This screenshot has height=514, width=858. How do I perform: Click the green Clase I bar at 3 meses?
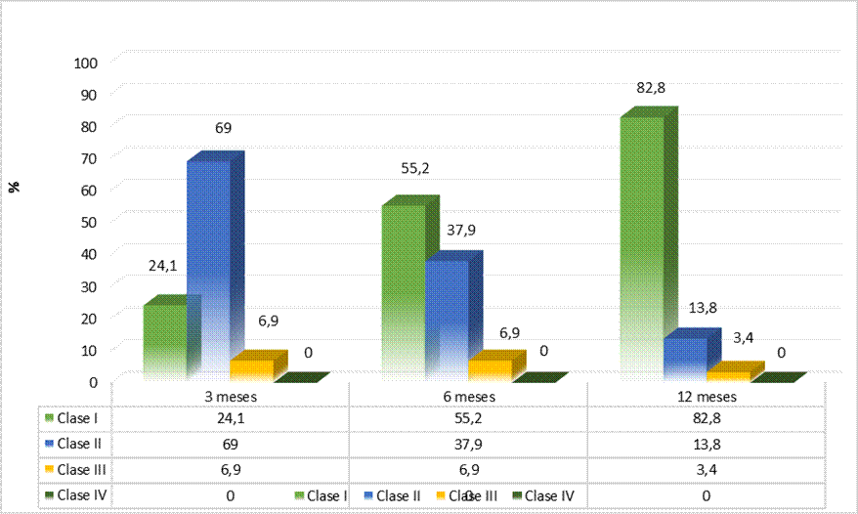click(x=164, y=341)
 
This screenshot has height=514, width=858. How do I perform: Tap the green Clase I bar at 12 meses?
click(x=641, y=244)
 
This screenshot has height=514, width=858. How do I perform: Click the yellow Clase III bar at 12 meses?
click(x=727, y=375)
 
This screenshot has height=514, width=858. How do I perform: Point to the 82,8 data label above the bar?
click(x=650, y=88)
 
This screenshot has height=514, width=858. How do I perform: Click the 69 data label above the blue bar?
click(x=222, y=128)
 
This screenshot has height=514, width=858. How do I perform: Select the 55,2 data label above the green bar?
click(x=414, y=168)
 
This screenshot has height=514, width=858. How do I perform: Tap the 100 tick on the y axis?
click(x=87, y=63)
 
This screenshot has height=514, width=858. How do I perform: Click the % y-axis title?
click(x=16, y=187)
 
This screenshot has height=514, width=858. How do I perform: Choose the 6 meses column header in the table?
click(x=468, y=396)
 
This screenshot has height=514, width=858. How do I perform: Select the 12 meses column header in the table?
click(x=706, y=396)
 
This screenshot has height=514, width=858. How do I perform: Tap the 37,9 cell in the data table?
click(x=468, y=444)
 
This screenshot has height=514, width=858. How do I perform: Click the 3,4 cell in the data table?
click(x=706, y=469)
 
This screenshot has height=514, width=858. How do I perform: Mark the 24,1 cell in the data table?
click(x=231, y=418)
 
